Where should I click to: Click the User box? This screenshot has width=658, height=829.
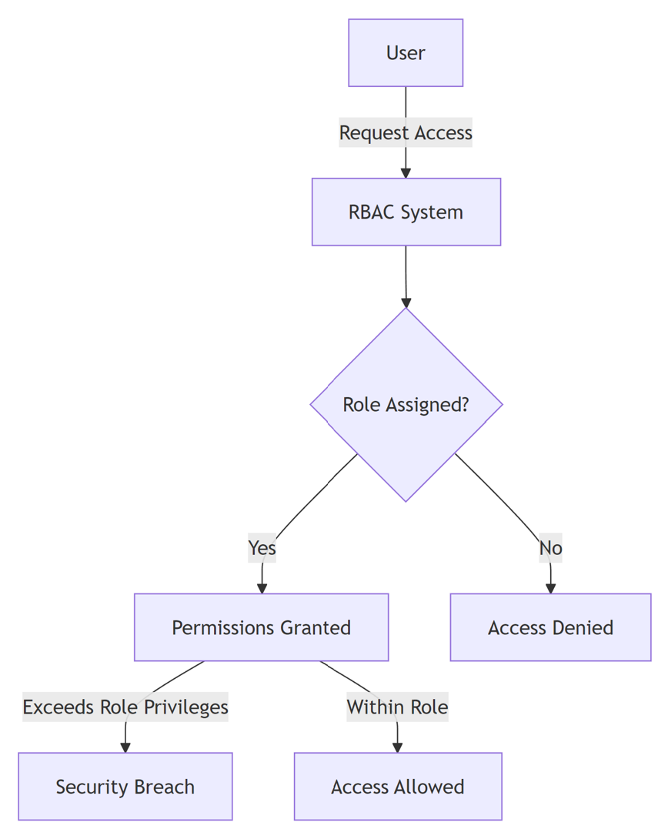click(x=406, y=53)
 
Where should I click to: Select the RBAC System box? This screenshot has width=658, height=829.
click(x=406, y=212)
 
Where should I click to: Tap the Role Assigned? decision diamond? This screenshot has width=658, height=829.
click(x=406, y=405)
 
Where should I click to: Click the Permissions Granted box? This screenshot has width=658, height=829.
click(x=261, y=627)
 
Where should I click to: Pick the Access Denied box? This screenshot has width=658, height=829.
click(x=550, y=627)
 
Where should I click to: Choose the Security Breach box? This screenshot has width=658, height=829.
click(x=125, y=787)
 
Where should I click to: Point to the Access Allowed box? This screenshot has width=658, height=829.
click(x=397, y=787)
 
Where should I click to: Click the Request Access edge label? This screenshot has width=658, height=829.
click(x=406, y=133)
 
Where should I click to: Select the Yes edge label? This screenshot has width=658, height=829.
click(x=262, y=548)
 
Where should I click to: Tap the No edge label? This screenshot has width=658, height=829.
click(x=550, y=548)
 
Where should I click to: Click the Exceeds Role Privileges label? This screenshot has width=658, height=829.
click(x=125, y=707)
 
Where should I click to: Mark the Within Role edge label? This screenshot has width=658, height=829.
click(x=397, y=707)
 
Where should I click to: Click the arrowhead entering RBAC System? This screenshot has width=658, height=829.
click(x=406, y=173)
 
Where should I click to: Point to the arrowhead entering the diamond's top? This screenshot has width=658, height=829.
click(x=406, y=303)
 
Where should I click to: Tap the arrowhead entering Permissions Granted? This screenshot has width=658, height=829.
click(x=262, y=589)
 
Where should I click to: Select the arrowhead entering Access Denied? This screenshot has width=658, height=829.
click(x=550, y=589)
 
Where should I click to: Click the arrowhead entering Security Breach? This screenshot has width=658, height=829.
click(x=125, y=747)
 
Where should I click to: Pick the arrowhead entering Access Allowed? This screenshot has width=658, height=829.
click(x=397, y=747)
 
